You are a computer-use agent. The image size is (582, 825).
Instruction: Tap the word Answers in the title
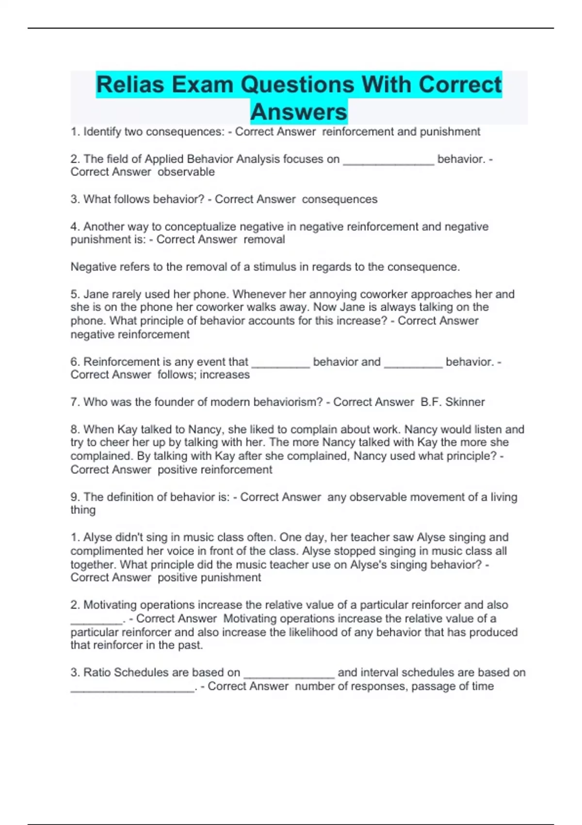click(299, 112)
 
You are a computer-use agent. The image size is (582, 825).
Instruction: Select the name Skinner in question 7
click(465, 402)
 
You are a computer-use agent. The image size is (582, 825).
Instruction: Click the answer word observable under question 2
click(186, 172)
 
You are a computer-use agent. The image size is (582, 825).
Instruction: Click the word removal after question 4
click(264, 239)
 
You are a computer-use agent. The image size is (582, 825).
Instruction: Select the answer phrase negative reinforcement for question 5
click(130, 334)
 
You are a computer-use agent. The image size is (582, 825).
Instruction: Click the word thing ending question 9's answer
click(83, 510)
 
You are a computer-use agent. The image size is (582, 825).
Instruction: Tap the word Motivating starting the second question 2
click(110, 605)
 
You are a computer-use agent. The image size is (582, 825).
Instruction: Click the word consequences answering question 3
click(339, 199)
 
